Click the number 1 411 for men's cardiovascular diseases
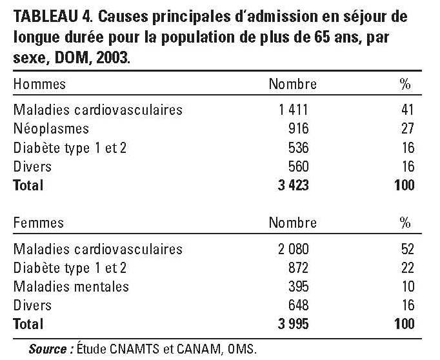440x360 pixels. point(294,110)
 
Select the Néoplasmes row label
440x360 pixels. point(51,129)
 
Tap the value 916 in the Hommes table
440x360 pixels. point(299,128)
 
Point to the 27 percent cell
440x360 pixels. point(408,128)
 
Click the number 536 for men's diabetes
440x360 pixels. point(299,148)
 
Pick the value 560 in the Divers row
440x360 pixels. point(299,166)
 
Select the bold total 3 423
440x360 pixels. point(294,185)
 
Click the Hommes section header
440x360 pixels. point(39,84)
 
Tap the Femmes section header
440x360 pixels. point(39,223)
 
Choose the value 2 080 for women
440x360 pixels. point(294,249)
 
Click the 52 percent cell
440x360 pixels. point(408,249)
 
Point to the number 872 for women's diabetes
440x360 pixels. point(299,268)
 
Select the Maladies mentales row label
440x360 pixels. point(71,286)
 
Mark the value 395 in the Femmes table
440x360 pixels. point(299,286)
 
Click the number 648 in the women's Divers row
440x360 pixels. point(299,305)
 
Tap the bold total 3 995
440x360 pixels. point(294,324)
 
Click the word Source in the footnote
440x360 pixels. point(48,349)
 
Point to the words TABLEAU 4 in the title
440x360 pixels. point(53,17)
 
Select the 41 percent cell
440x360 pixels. point(408,110)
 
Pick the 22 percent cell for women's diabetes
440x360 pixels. point(408,268)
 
